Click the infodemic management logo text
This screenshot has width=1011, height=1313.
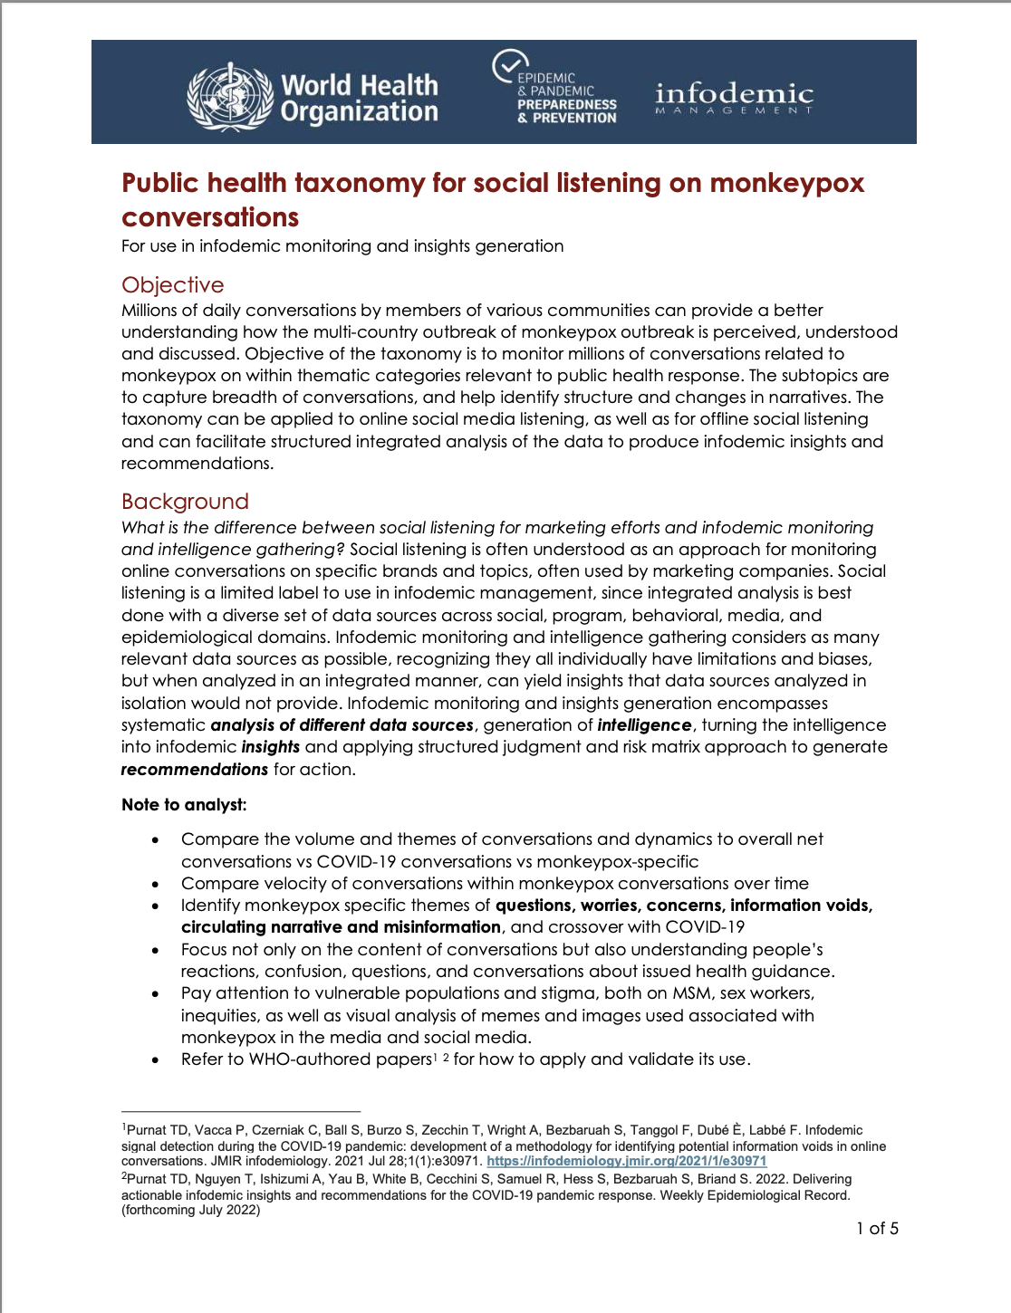point(734,97)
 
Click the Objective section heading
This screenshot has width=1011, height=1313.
point(172,285)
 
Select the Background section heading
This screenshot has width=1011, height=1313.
point(185,502)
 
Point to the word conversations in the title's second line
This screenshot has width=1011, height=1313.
point(210,217)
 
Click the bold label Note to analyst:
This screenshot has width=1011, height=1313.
point(184,805)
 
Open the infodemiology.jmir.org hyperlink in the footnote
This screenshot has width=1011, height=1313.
point(626,1161)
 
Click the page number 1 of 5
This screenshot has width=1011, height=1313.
point(877,1229)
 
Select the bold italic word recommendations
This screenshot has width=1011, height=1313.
point(195,770)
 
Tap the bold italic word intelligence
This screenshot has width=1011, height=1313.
point(644,725)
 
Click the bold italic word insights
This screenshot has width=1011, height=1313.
point(270,747)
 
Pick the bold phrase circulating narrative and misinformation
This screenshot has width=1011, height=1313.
point(341,927)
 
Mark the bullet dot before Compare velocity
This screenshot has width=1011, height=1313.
point(156,884)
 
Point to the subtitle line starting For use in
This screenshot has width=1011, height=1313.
point(342,246)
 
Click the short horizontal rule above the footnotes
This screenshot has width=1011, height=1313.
point(241,1111)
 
